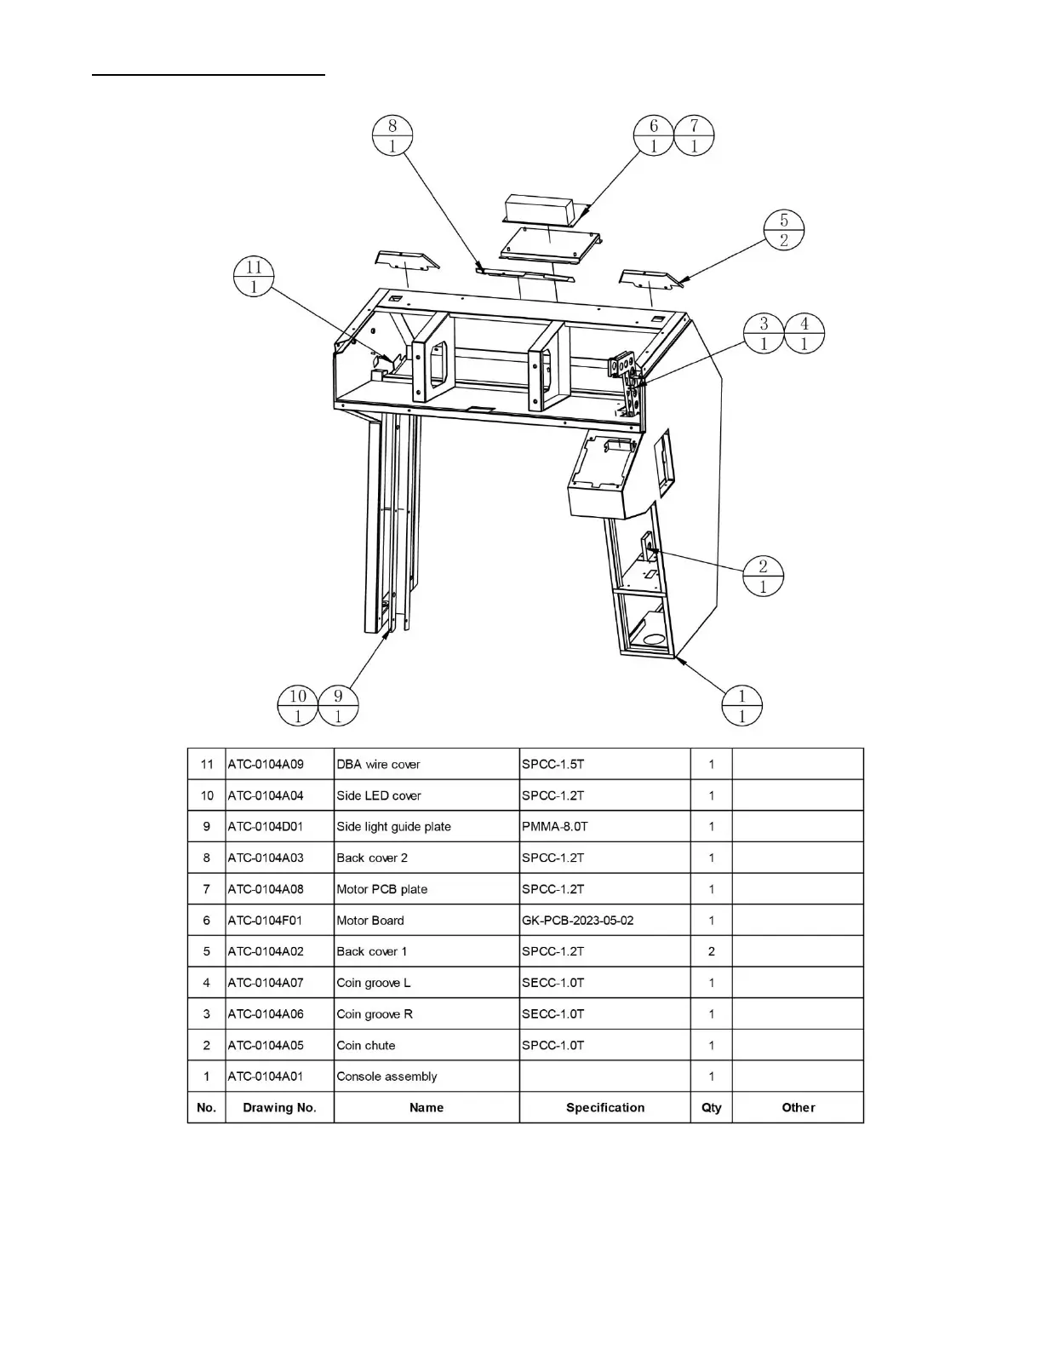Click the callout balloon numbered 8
392,135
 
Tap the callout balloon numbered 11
254,277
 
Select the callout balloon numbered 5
784,230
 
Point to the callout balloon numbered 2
763,577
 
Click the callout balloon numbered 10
298,706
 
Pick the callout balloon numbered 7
694,135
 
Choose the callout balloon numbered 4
804,333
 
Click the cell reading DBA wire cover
378,764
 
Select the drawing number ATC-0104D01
266,826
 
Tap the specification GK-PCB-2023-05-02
577,920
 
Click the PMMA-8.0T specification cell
554,826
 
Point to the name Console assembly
386,1076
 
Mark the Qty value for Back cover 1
712,951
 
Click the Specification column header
605,1107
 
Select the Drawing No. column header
279,1107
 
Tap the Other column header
799,1107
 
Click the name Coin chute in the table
366,1045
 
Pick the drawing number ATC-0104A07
266,983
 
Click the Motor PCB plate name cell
381,889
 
